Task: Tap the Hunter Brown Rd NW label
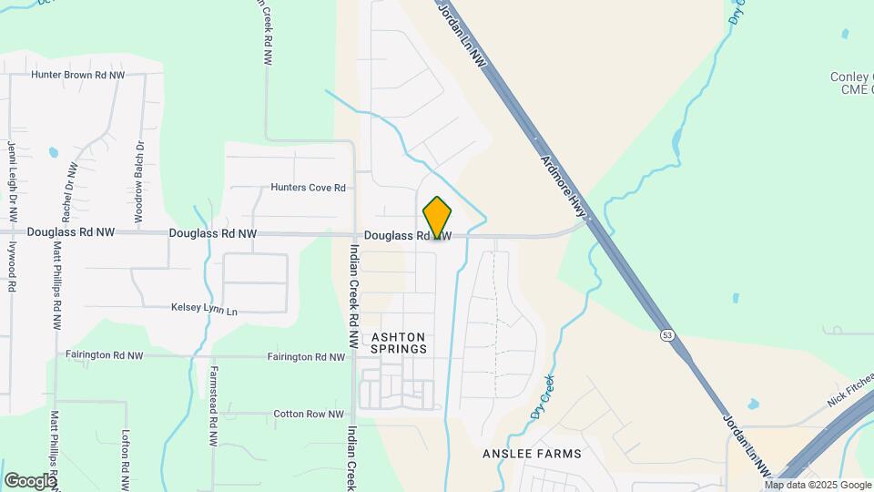(77, 76)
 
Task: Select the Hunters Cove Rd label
(308, 188)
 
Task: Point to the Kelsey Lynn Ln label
(204, 310)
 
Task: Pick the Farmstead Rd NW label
(213, 405)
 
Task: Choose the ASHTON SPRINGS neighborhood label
(399, 343)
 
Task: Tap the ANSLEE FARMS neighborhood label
(532, 454)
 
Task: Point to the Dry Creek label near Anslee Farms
(543, 400)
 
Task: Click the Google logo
(30, 479)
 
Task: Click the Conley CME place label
(851, 83)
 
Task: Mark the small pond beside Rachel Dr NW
(53, 152)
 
